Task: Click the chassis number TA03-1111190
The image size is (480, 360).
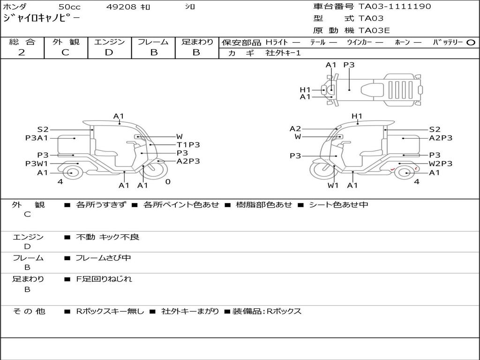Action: [x=395, y=7]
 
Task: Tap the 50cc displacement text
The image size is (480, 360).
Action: [x=69, y=7]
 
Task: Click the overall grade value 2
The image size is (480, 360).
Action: [x=22, y=52]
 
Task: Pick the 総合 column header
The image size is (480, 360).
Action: [x=22, y=42]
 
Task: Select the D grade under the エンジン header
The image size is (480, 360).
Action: [x=109, y=52]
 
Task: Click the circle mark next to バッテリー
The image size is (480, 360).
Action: [x=471, y=43]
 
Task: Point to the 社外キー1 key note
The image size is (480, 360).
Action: [x=283, y=53]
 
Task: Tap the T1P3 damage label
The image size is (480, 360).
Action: [x=188, y=145]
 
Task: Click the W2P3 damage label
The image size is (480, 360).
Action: [x=441, y=164]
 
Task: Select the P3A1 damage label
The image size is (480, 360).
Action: [x=37, y=138]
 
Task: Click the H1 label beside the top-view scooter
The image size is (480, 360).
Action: [x=305, y=90]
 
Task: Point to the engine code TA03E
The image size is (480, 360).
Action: [x=374, y=30]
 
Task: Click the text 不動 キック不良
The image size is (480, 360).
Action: [x=108, y=237]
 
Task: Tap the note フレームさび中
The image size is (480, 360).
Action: [x=103, y=258]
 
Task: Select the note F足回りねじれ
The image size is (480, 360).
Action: [x=104, y=279]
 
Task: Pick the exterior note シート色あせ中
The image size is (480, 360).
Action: [x=338, y=205]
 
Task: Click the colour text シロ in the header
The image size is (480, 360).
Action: [x=190, y=7]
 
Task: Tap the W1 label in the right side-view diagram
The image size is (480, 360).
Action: [x=333, y=185]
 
